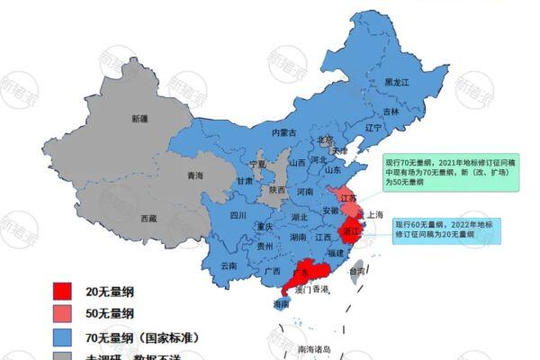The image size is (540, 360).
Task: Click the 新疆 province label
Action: click(x=140, y=118)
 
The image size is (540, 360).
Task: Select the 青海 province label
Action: click(x=194, y=175)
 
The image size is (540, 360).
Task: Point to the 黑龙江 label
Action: click(x=397, y=82)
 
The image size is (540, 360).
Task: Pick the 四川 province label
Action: click(x=238, y=216)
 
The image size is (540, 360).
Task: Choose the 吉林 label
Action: click(x=391, y=112)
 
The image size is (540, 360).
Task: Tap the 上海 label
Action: click(x=375, y=214)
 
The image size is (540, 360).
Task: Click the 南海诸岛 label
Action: click(x=314, y=348)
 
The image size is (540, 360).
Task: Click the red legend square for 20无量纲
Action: click(x=62, y=291)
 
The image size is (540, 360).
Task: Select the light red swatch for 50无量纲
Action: click(x=62, y=314)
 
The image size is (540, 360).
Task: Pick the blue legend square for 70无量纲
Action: click(x=62, y=337)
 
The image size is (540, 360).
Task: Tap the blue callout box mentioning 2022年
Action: click(x=445, y=229)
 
